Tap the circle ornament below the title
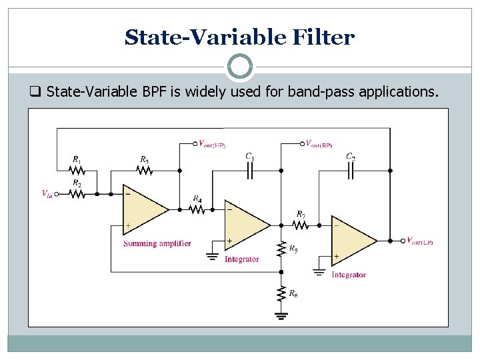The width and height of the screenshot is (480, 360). (x=240, y=67)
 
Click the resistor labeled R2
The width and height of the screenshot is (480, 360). (x=77, y=194)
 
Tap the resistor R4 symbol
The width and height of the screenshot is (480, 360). (x=197, y=209)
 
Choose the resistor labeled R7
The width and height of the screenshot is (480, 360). (x=301, y=225)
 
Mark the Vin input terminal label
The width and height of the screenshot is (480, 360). (x=47, y=194)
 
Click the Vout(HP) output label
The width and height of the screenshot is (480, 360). (x=211, y=143)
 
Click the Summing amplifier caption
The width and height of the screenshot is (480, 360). (x=157, y=243)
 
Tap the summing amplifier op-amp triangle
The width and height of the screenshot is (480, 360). (x=144, y=209)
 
